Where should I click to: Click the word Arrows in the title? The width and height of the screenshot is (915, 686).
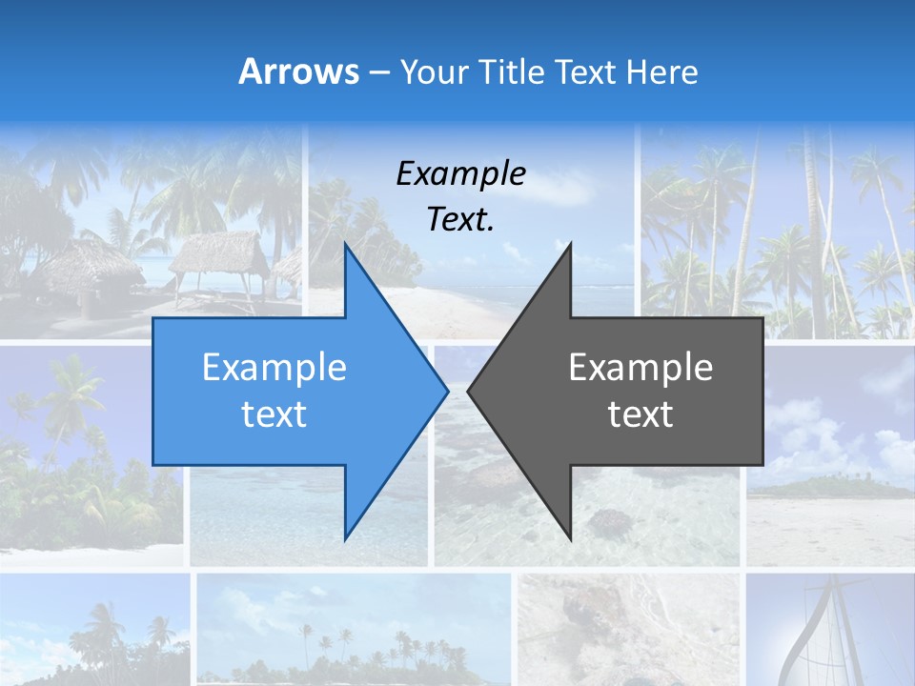click(299, 71)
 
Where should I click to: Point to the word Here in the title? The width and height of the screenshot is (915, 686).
click(661, 71)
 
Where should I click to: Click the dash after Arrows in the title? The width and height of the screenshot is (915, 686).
click(379, 72)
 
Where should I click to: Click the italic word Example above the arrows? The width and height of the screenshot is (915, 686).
click(460, 174)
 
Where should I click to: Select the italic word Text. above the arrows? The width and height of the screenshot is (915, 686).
click(460, 219)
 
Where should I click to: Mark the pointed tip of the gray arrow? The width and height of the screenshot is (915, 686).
click(469, 390)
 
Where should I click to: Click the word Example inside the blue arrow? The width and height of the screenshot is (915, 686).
click(274, 368)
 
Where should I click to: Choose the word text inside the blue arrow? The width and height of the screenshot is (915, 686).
click(274, 414)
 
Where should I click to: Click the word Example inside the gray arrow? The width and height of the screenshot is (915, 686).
click(640, 368)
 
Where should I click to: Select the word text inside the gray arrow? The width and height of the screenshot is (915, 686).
click(640, 414)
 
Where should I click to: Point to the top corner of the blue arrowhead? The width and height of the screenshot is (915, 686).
click(345, 243)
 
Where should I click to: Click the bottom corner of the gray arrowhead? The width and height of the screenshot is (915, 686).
click(571, 539)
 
